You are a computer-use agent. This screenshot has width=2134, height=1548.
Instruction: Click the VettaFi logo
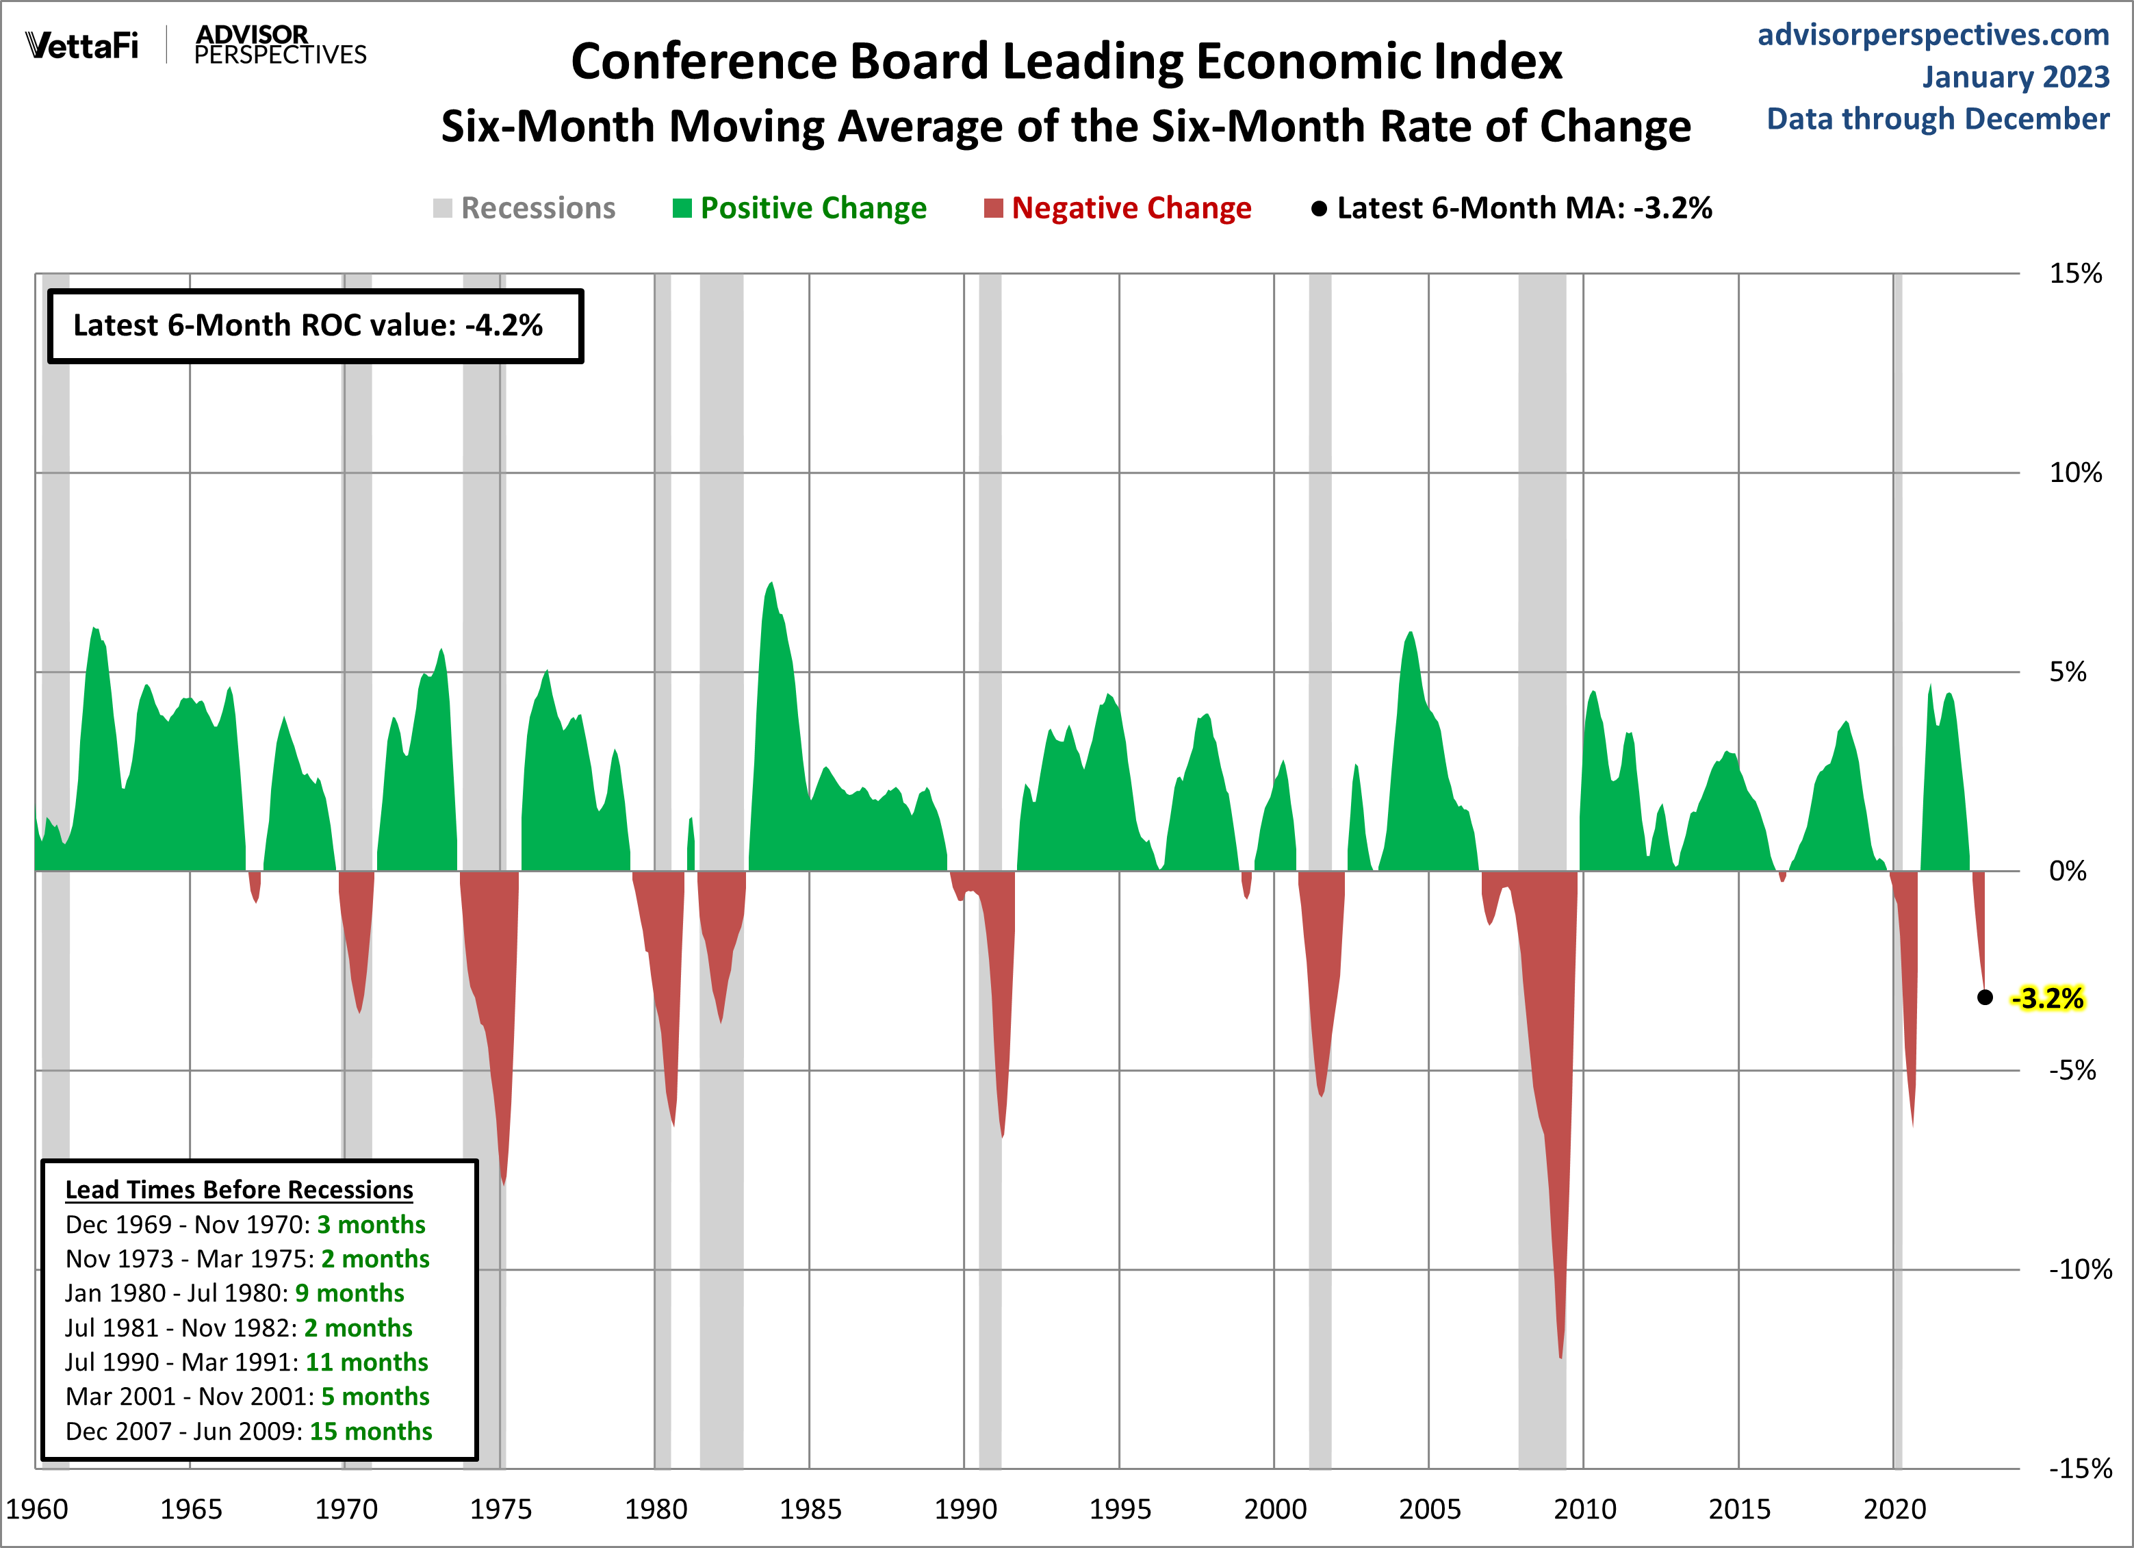82,45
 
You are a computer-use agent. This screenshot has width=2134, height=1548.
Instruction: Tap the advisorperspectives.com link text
1933,35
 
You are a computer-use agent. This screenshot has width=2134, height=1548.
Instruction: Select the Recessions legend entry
524,208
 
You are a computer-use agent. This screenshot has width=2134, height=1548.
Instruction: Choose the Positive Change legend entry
800,208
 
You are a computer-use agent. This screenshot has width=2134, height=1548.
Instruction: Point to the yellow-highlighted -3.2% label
2048,998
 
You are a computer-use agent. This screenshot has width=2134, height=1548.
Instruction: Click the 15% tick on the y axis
2074,274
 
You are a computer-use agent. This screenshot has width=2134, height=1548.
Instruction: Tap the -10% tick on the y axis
2079,1269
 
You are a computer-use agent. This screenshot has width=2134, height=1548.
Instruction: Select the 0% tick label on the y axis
2067,872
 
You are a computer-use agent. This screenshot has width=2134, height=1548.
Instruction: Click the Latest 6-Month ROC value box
316,326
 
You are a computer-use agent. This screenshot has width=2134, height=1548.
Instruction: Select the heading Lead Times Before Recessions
239,1189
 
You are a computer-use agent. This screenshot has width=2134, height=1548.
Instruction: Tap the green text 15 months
371,1432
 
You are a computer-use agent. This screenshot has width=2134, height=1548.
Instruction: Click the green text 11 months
366,1362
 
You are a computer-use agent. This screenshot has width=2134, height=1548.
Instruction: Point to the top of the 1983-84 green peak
771,583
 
